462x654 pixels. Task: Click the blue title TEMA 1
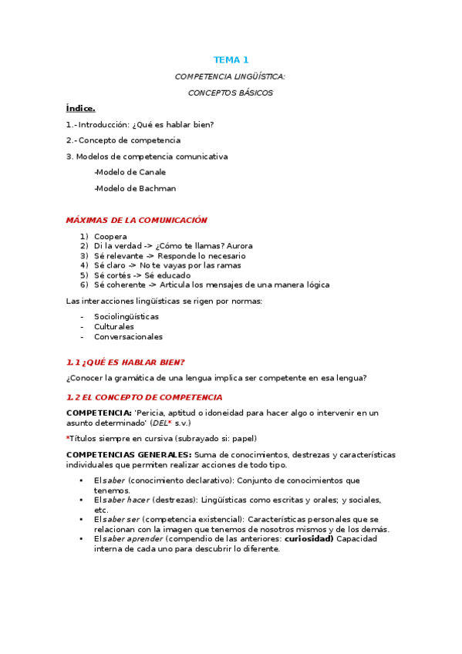coord(231,59)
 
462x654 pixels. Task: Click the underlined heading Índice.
coord(80,108)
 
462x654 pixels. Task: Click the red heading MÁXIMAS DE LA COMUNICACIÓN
coord(137,220)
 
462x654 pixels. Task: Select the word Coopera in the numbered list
coord(111,236)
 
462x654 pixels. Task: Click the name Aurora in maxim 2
coord(239,246)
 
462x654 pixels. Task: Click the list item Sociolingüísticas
coord(126,316)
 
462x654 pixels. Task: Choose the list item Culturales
coord(114,326)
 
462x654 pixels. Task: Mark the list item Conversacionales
coord(128,336)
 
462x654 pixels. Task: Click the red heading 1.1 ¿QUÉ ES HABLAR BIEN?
coord(125,362)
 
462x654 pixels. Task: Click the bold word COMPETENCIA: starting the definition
coord(99,413)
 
